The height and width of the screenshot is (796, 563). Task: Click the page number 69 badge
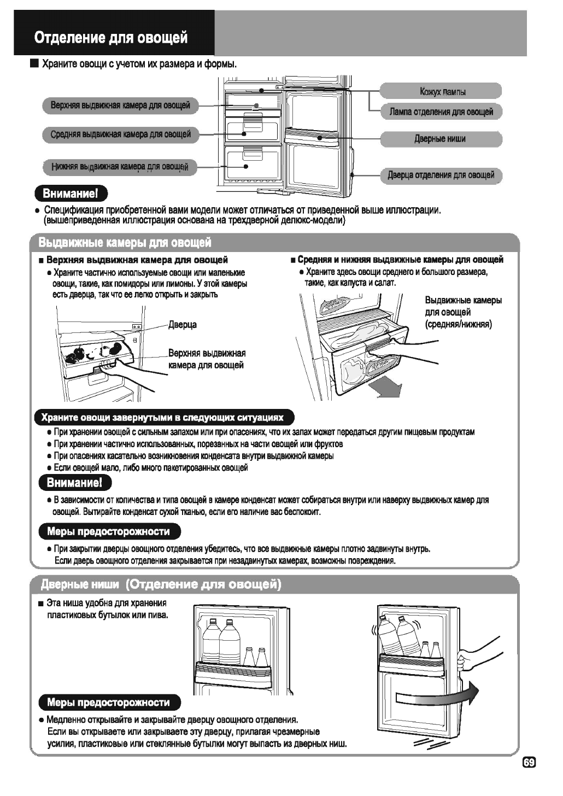[x=529, y=763]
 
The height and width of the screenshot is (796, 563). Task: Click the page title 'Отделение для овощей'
[x=111, y=38]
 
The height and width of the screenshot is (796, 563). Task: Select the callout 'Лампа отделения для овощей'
[x=441, y=112]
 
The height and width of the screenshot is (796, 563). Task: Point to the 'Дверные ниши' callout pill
[x=440, y=139]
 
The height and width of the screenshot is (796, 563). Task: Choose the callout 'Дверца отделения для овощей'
[x=441, y=175]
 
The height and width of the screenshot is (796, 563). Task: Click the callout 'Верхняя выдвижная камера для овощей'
[x=120, y=105]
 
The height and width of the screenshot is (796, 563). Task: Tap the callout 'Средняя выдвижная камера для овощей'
[x=120, y=134]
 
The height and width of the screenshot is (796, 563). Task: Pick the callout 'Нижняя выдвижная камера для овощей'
[x=120, y=167]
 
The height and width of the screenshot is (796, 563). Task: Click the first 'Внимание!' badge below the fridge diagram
[x=71, y=194]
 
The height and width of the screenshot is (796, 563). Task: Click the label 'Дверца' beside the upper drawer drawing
[x=183, y=325]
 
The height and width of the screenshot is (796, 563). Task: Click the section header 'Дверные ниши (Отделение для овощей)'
[x=161, y=585]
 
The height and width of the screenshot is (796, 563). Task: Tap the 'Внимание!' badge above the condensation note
[x=74, y=483]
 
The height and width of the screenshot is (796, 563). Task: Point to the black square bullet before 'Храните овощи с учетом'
[x=34, y=65]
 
